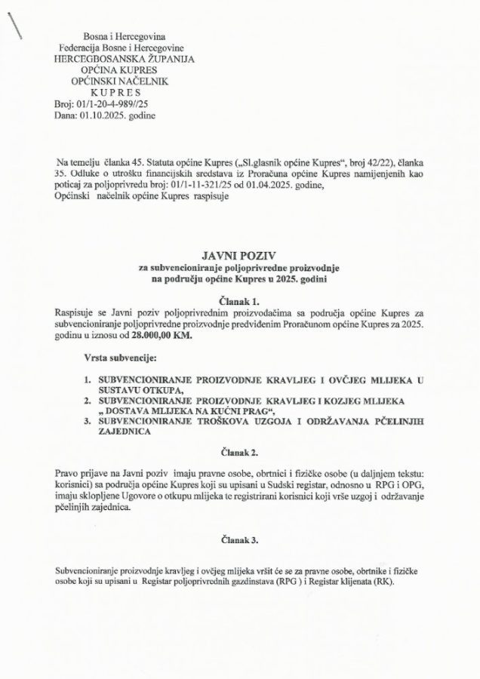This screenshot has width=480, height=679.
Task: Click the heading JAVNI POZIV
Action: click(239, 256)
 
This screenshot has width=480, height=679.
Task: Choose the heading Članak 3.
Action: click(239, 539)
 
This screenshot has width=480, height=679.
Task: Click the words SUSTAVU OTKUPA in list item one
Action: click(136, 389)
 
